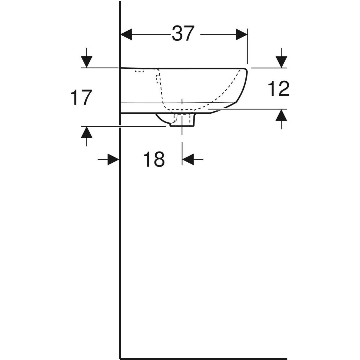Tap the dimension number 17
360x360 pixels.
tap(81, 98)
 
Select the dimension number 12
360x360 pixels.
tap(279, 89)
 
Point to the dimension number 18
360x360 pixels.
tap(154, 159)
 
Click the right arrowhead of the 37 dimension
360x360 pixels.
tap(241, 34)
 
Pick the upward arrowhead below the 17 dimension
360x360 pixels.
tap(87, 132)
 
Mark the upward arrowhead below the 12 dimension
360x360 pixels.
tap(281, 115)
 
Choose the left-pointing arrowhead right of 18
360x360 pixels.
tap(188, 159)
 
